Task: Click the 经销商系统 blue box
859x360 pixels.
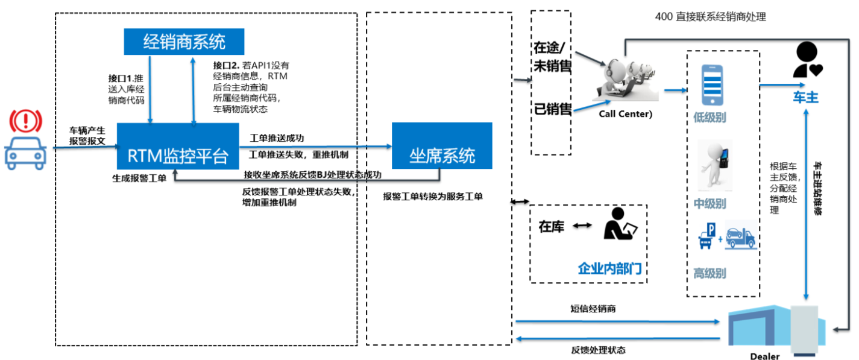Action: click(184, 42)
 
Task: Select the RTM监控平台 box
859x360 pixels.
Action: click(177, 156)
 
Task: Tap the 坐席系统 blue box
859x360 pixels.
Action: click(442, 156)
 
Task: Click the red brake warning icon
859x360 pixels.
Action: click(25, 121)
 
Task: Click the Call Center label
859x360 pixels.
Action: click(625, 113)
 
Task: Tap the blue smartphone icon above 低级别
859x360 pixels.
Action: click(712, 85)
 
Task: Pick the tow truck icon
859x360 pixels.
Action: click(740, 238)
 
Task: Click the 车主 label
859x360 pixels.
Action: click(804, 97)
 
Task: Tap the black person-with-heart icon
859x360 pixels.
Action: click(806, 60)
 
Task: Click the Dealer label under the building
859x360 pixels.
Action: click(764, 356)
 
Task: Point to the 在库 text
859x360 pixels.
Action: click(552, 227)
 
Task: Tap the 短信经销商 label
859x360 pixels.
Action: click(593, 309)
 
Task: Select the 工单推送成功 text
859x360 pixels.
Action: click(277, 139)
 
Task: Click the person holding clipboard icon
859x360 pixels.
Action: click(620, 224)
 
